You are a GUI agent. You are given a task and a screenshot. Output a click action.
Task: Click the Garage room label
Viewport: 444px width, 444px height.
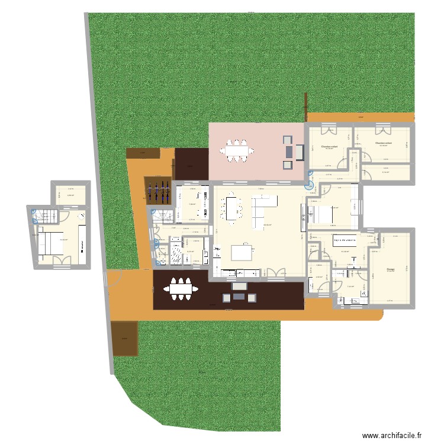point(390,269)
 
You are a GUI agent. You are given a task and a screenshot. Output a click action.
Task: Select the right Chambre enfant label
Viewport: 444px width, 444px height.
point(384,143)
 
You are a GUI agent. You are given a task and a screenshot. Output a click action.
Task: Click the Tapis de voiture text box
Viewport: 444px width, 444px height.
point(345,240)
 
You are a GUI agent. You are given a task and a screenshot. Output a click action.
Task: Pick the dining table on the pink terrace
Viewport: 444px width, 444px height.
point(236,150)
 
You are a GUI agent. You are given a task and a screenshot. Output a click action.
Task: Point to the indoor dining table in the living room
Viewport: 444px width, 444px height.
point(231,208)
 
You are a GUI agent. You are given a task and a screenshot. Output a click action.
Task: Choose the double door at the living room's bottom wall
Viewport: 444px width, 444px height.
point(275,273)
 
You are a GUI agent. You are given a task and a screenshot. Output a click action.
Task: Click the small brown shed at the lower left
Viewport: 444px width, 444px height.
point(124,339)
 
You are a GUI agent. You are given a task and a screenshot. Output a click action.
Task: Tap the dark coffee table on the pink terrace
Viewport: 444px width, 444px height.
point(289,152)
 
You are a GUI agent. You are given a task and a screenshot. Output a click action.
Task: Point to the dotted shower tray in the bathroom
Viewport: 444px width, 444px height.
point(176,254)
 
